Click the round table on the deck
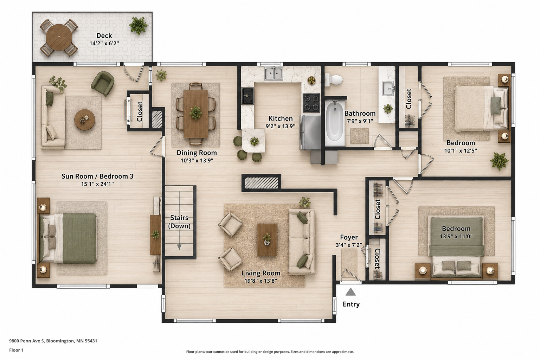point(59,37)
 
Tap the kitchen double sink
point(274,74)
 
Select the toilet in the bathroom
point(334,80)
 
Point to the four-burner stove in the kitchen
point(311,103)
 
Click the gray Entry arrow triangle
point(351,292)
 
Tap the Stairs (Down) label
point(179,222)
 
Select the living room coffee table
point(266,239)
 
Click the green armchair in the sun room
point(102,83)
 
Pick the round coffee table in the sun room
point(85,120)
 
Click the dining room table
point(195,114)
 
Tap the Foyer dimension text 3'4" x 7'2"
point(349,245)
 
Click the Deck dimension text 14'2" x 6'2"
point(104,43)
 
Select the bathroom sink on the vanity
point(388,88)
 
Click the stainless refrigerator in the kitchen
point(310,133)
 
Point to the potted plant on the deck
point(138,25)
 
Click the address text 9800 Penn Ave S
point(27,341)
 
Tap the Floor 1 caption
point(17,350)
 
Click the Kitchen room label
point(281,118)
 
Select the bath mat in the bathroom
point(359,136)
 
